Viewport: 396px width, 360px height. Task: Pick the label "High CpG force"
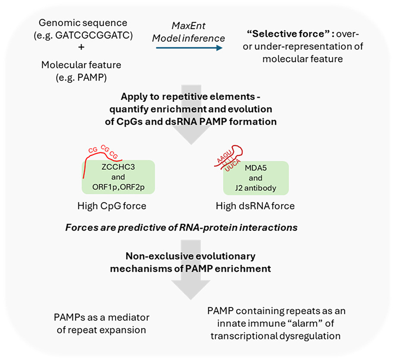[112, 206]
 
